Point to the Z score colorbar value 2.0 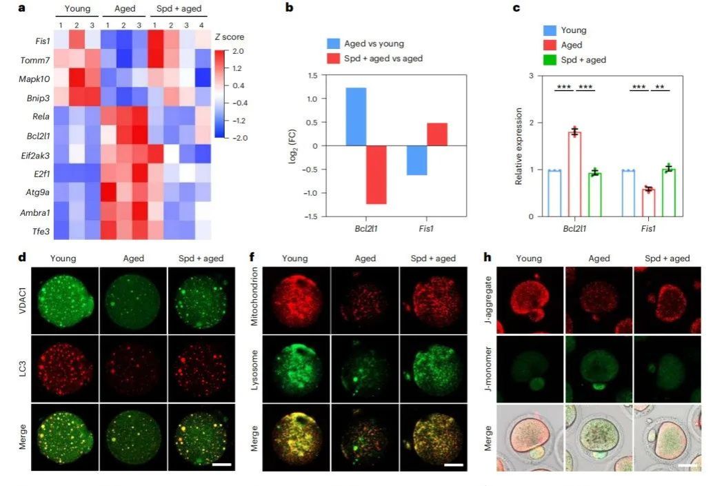242,52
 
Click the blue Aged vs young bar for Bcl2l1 356,117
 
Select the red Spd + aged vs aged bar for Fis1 437,134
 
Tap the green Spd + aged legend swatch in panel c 550,60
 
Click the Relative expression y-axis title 518,145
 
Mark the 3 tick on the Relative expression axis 531,75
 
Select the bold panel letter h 488,259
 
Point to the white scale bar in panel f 452,465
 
